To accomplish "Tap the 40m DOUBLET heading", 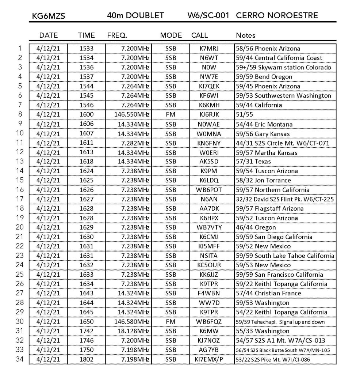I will [x=135, y=15].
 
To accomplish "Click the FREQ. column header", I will [x=117, y=35].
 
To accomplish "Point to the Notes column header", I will [x=246, y=35].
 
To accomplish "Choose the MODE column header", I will [x=171, y=35].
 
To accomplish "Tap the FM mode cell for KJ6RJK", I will [x=171, y=114].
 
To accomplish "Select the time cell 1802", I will [x=86, y=359].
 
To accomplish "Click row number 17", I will [x=20, y=199].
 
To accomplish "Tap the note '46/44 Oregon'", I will [x=256, y=227].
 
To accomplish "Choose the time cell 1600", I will [x=86, y=114].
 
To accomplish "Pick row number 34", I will [x=20, y=359].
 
